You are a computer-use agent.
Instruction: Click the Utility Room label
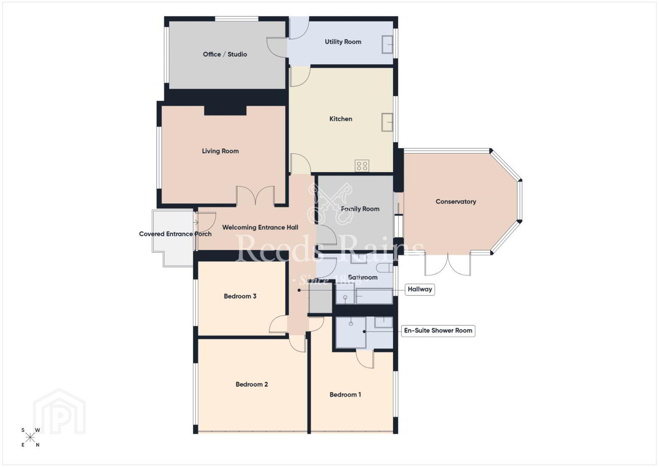coord(343,42)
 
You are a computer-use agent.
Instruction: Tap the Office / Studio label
coord(225,54)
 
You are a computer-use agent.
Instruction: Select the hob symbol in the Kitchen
coord(362,166)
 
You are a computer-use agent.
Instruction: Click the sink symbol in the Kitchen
coord(387,122)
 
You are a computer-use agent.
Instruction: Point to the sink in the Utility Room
coord(387,45)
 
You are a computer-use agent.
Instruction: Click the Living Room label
coord(220,151)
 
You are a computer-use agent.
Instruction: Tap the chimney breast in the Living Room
coord(225,110)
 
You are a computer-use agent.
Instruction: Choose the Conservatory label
coord(456,202)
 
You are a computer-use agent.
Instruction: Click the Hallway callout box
coord(420,289)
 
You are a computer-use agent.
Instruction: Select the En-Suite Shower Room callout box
coord(438,331)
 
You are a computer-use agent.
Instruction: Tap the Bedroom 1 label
coord(345,394)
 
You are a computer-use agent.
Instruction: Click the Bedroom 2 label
coord(251,384)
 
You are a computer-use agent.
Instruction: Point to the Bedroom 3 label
coord(240,296)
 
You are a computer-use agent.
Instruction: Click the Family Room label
coord(360,209)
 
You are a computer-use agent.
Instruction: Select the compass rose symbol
coord(30,438)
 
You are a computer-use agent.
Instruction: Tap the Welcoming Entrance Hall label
coord(260,227)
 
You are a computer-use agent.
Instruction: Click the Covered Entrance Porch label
coord(175,234)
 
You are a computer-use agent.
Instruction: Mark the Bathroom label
coord(363,277)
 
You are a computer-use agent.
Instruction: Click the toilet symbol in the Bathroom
coord(384,268)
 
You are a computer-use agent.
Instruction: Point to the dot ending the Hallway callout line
coord(299,290)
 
